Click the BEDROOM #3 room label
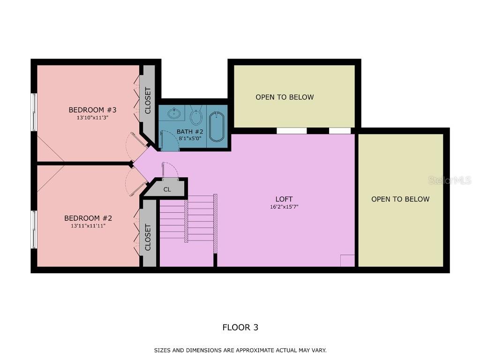click(x=92, y=110)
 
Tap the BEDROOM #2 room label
click(x=88, y=218)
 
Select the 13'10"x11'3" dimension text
click(x=92, y=118)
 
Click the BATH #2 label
click(x=189, y=131)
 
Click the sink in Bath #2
click(x=174, y=113)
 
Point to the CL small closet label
click(x=167, y=189)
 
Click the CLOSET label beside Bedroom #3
click(x=148, y=100)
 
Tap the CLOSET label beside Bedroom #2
click(x=148, y=237)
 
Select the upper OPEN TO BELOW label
click(x=285, y=97)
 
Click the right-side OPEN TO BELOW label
click(x=400, y=199)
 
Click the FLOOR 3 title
click(x=240, y=327)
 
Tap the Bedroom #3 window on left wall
click(x=34, y=112)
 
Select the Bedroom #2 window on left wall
click(x=34, y=229)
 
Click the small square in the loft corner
click(x=347, y=261)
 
